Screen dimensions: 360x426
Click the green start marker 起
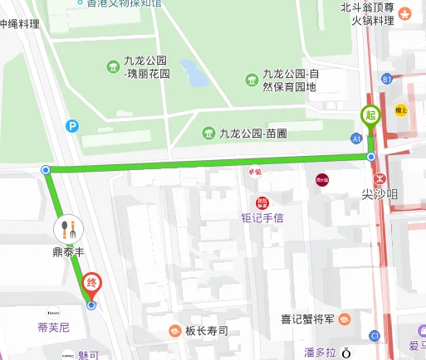pos(370,117)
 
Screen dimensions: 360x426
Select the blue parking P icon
pos(72,126)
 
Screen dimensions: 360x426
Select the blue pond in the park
pos(196,73)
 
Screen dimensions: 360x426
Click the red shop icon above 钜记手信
pos(262,203)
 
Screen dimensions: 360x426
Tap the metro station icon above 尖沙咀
pos(379,178)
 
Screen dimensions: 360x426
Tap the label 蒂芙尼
pos(54,328)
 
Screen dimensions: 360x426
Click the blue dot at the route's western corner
pos(45,170)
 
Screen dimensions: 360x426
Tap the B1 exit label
pos(387,79)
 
